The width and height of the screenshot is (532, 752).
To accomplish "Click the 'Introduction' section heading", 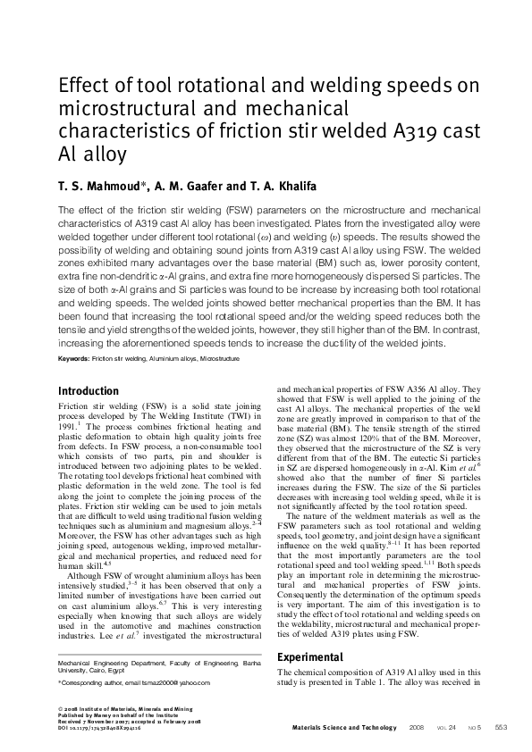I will [x=88, y=391].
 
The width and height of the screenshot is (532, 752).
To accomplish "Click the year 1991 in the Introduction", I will [x=69, y=427].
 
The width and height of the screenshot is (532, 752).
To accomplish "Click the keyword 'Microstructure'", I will [x=220, y=357].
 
